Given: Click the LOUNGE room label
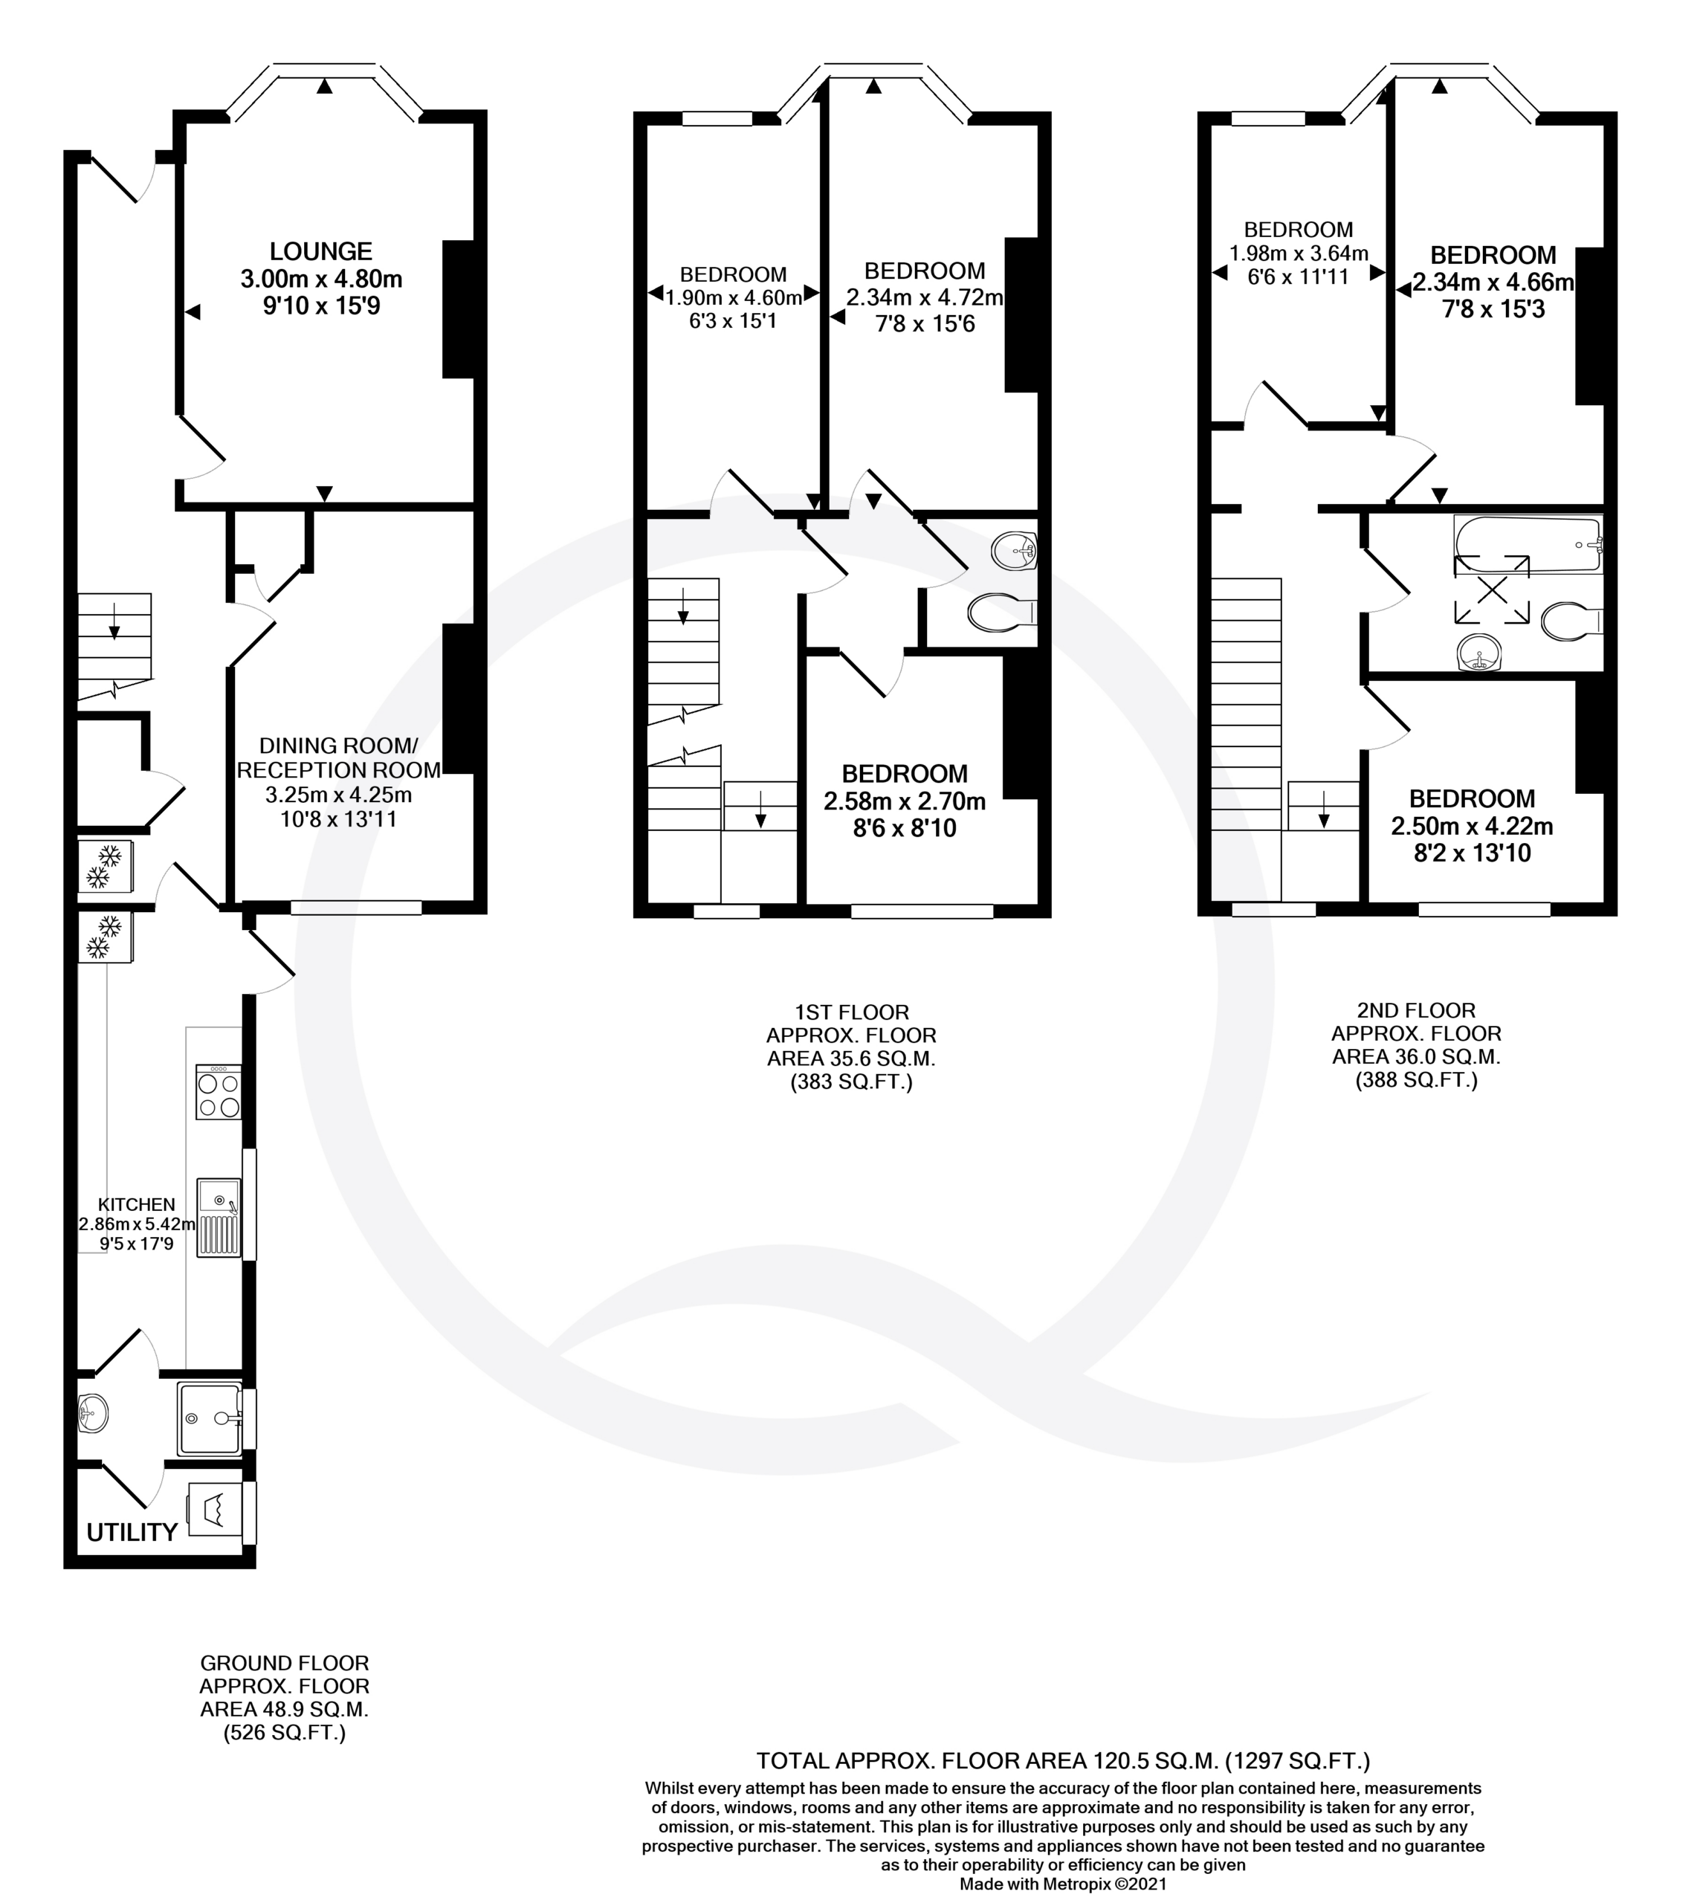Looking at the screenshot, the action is tap(321, 251).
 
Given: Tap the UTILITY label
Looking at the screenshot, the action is tap(132, 1532).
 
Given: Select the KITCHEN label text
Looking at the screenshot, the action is tap(136, 1204).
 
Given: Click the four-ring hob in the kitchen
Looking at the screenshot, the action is tap(219, 1092).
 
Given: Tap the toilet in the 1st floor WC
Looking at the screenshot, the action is tap(1002, 613).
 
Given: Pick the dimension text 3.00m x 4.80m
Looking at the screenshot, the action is tap(321, 279).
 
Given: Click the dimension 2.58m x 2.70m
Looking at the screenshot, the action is tap(904, 801).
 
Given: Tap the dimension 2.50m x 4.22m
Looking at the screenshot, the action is tap(1472, 826).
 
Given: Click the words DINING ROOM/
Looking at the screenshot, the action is tap(338, 746).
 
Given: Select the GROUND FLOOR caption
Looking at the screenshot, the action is tap(285, 1663).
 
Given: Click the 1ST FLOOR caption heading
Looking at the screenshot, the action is tap(851, 1012).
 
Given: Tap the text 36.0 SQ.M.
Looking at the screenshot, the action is tap(1441, 1056).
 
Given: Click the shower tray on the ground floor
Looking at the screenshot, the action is tap(210, 1418).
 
